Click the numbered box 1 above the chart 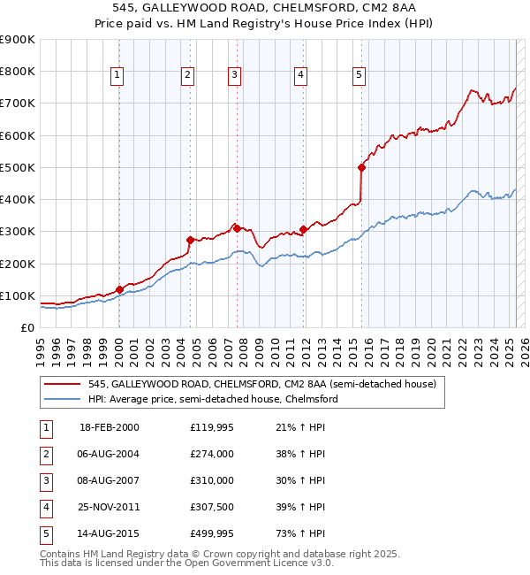click(x=117, y=76)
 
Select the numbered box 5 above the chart click(x=360, y=76)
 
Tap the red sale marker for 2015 click(x=361, y=167)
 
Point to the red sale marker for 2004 click(x=189, y=240)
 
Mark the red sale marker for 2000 click(x=119, y=289)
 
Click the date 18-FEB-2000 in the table click(x=110, y=427)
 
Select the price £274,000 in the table click(x=212, y=454)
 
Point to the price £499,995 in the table click(x=212, y=533)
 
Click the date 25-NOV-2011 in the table click(x=110, y=507)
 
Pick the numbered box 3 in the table click(x=45, y=480)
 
